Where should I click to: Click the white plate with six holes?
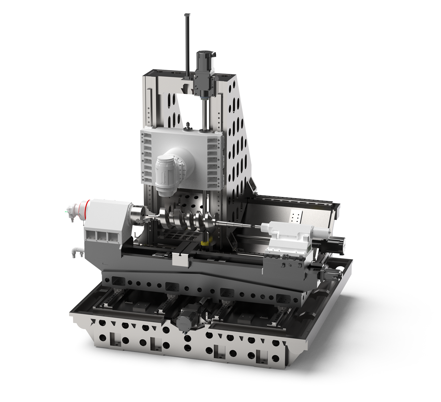pyautogui.click(x=296, y=217)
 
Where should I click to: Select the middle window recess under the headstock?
pyautogui.click(x=101, y=236)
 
